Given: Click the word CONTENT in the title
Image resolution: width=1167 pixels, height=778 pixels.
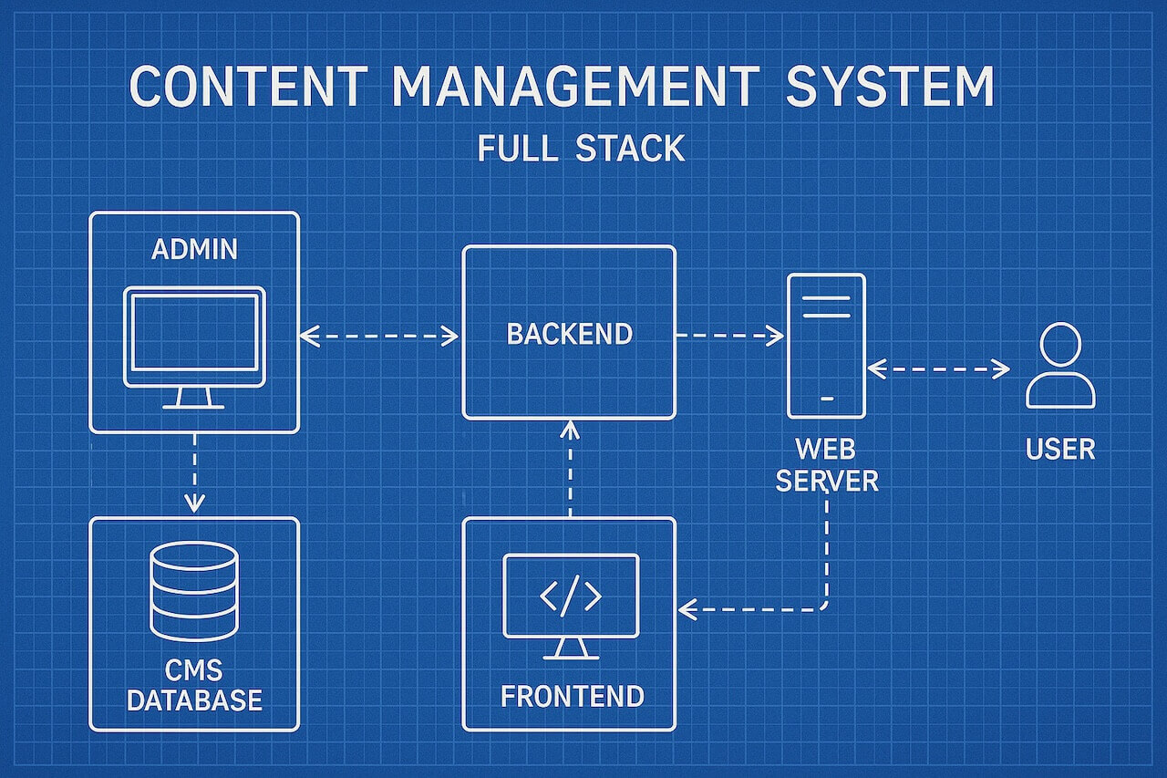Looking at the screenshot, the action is (249, 86).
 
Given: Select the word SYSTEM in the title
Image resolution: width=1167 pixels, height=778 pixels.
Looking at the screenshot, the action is (889, 86).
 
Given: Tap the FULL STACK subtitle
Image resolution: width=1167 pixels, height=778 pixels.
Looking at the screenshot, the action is (581, 149).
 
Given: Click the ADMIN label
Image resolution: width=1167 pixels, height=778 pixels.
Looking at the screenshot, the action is (194, 249).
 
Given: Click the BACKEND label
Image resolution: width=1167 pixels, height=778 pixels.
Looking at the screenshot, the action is (570, 334).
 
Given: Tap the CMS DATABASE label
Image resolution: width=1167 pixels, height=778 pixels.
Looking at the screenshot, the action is (194, 685).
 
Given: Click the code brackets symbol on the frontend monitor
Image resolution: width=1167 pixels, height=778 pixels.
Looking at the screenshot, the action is (571, 596).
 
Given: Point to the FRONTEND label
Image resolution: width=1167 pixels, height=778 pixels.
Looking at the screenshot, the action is (572, 696).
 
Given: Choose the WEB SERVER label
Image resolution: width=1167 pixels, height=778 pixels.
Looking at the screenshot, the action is (827, 465).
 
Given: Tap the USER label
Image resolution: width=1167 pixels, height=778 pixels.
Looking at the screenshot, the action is (1060, 449).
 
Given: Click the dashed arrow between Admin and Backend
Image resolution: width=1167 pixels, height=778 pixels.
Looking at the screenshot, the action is (378, 337).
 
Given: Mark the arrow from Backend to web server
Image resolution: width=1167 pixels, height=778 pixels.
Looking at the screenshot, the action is (730, 336).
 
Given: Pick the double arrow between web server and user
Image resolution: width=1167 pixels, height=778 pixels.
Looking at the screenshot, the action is (938, 369).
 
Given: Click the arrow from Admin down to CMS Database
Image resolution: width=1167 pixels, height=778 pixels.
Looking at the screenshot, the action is (194, 472).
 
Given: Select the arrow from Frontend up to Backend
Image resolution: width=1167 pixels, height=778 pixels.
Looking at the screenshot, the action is (570, 469).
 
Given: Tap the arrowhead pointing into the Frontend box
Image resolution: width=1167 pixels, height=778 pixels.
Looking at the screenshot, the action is (687, 609).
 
